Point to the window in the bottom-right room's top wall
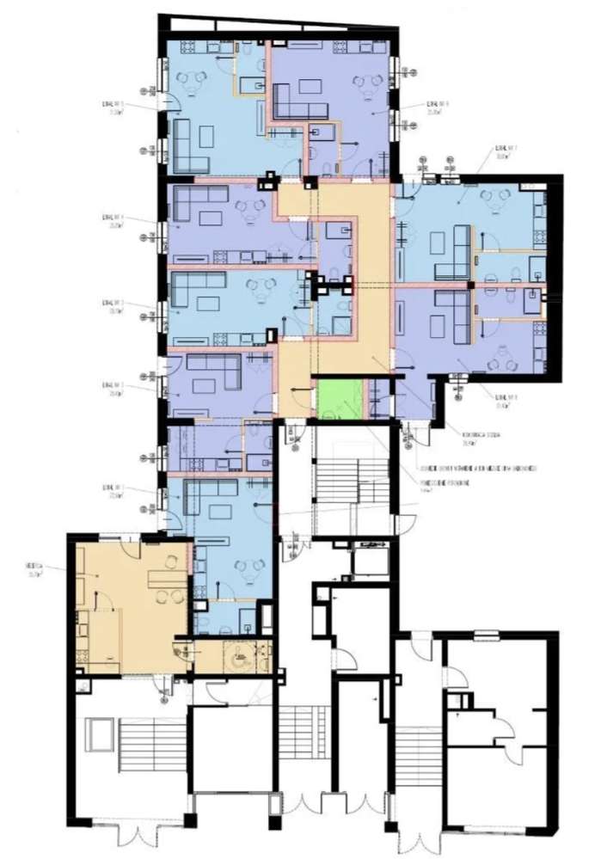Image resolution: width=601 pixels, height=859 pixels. click(x=487, y=635)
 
